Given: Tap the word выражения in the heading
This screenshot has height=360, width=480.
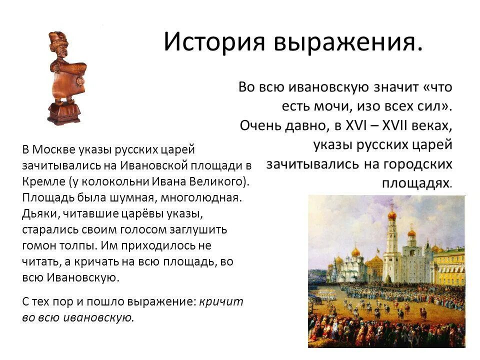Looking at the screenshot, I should tap(347, 43).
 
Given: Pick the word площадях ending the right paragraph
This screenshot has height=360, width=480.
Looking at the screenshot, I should tap(414, 183).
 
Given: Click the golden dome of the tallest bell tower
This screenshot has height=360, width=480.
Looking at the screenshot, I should tap(392, 215).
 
